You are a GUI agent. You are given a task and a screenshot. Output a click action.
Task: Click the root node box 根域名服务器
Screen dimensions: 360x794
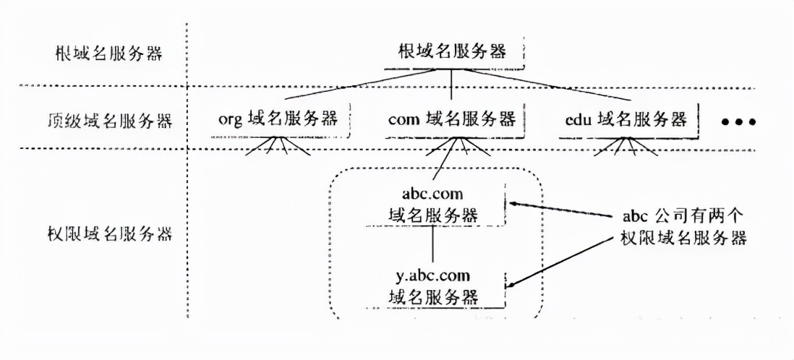click(x=452, y=51)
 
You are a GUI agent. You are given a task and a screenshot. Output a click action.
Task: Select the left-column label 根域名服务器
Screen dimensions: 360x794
click(x=108, y=54)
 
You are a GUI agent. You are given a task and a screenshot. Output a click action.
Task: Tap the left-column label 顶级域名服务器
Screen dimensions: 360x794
click(x=108, y=120)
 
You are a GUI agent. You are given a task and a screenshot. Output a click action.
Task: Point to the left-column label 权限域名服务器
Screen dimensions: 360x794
click(x=108, y=234)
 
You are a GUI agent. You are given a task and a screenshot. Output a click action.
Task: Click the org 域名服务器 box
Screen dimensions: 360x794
click(x=278, y=119)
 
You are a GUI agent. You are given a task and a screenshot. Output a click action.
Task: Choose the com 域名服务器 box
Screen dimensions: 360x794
click(x=452, y=119)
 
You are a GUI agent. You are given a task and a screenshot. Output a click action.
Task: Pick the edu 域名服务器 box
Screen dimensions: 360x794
click(x=626, y=119)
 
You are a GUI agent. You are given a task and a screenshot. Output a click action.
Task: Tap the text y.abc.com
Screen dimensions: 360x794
click(x=432, y=276)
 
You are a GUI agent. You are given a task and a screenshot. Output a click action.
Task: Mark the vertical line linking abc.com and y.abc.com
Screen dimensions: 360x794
click(x=432, y=244)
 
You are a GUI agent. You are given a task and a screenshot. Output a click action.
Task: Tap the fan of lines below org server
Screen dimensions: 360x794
click(x=278, y=147)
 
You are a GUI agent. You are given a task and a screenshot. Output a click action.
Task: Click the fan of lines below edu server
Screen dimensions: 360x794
click(x=626, y=147)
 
